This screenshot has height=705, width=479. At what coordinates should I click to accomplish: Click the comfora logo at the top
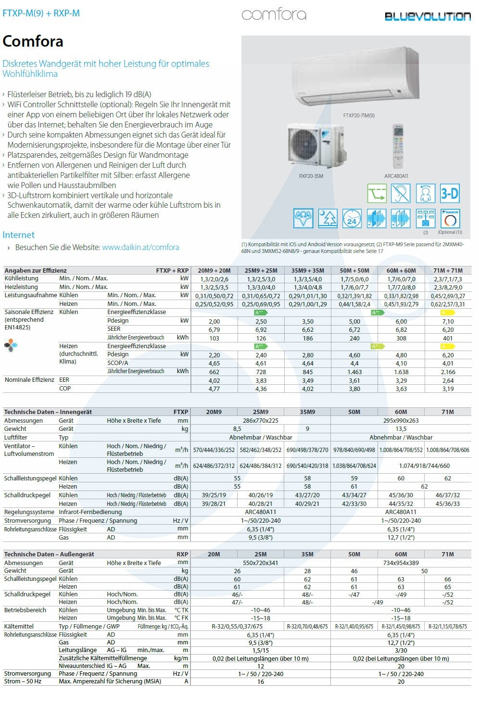click(274, 14)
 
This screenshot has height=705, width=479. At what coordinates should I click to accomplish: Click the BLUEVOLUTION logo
click(427, 16)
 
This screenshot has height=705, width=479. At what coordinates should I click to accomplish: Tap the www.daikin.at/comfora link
click(140, 247)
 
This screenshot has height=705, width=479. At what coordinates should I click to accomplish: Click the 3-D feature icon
click(450, 194)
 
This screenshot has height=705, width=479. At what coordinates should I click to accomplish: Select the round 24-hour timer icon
click(352, 219)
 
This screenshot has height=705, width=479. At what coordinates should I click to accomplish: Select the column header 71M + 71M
click(447, 270)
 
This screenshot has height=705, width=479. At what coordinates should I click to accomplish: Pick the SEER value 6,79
click(214, 330)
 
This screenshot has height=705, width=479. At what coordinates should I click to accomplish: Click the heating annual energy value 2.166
click(448, 372)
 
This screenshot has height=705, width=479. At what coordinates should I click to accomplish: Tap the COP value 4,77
click(214, 389)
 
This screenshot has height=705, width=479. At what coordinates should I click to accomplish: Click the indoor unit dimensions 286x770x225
click(260, 420)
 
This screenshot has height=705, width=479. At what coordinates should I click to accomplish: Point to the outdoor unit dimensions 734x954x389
click(401, 563)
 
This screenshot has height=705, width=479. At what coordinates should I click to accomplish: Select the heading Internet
click(19, 235)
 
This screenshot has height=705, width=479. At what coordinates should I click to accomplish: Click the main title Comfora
click(33, 41)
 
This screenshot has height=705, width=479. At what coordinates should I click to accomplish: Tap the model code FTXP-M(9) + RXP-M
click(41, 13)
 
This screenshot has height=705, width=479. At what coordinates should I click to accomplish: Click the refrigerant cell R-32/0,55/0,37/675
click(237, 626)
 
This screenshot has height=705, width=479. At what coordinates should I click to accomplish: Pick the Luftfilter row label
click(16, 437)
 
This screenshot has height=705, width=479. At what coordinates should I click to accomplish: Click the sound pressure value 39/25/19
click(214, 495)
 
